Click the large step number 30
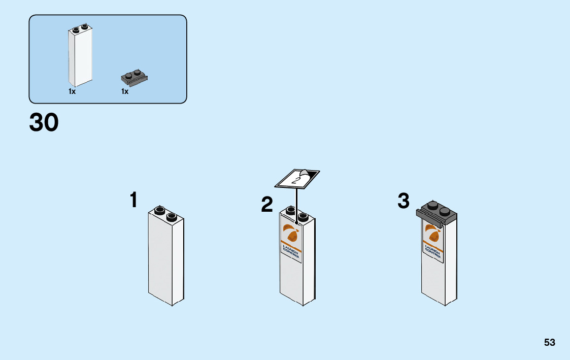(x=44, y=123)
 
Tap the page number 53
(x=550, y=342)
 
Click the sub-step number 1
(x=133, y=200)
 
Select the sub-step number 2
(x=267, y=205)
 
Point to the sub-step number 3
(x=404, y=201)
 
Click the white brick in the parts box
(x=80, y=57)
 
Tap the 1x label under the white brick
(x=72, y=92)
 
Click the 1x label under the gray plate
(x=125, y=92)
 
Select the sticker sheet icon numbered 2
(x=297, y=178)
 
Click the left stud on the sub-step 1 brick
(x=159, y=210)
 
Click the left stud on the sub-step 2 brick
(x=291, y=210)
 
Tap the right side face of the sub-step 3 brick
(x=451, y=264)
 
